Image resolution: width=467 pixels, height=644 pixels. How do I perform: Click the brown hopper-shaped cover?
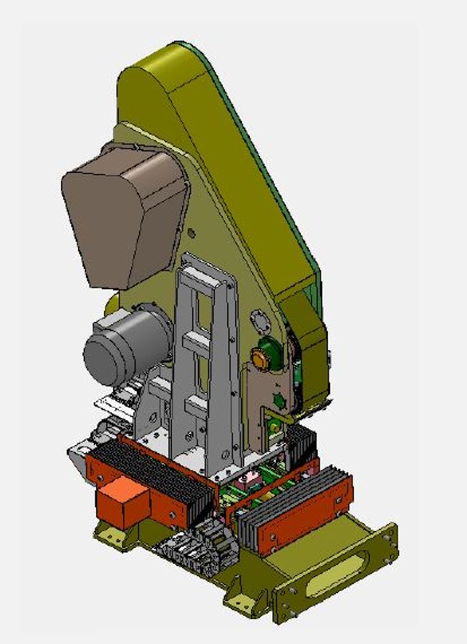coord(122,215)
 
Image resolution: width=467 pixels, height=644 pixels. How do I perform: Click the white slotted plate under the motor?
coord(115,404)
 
